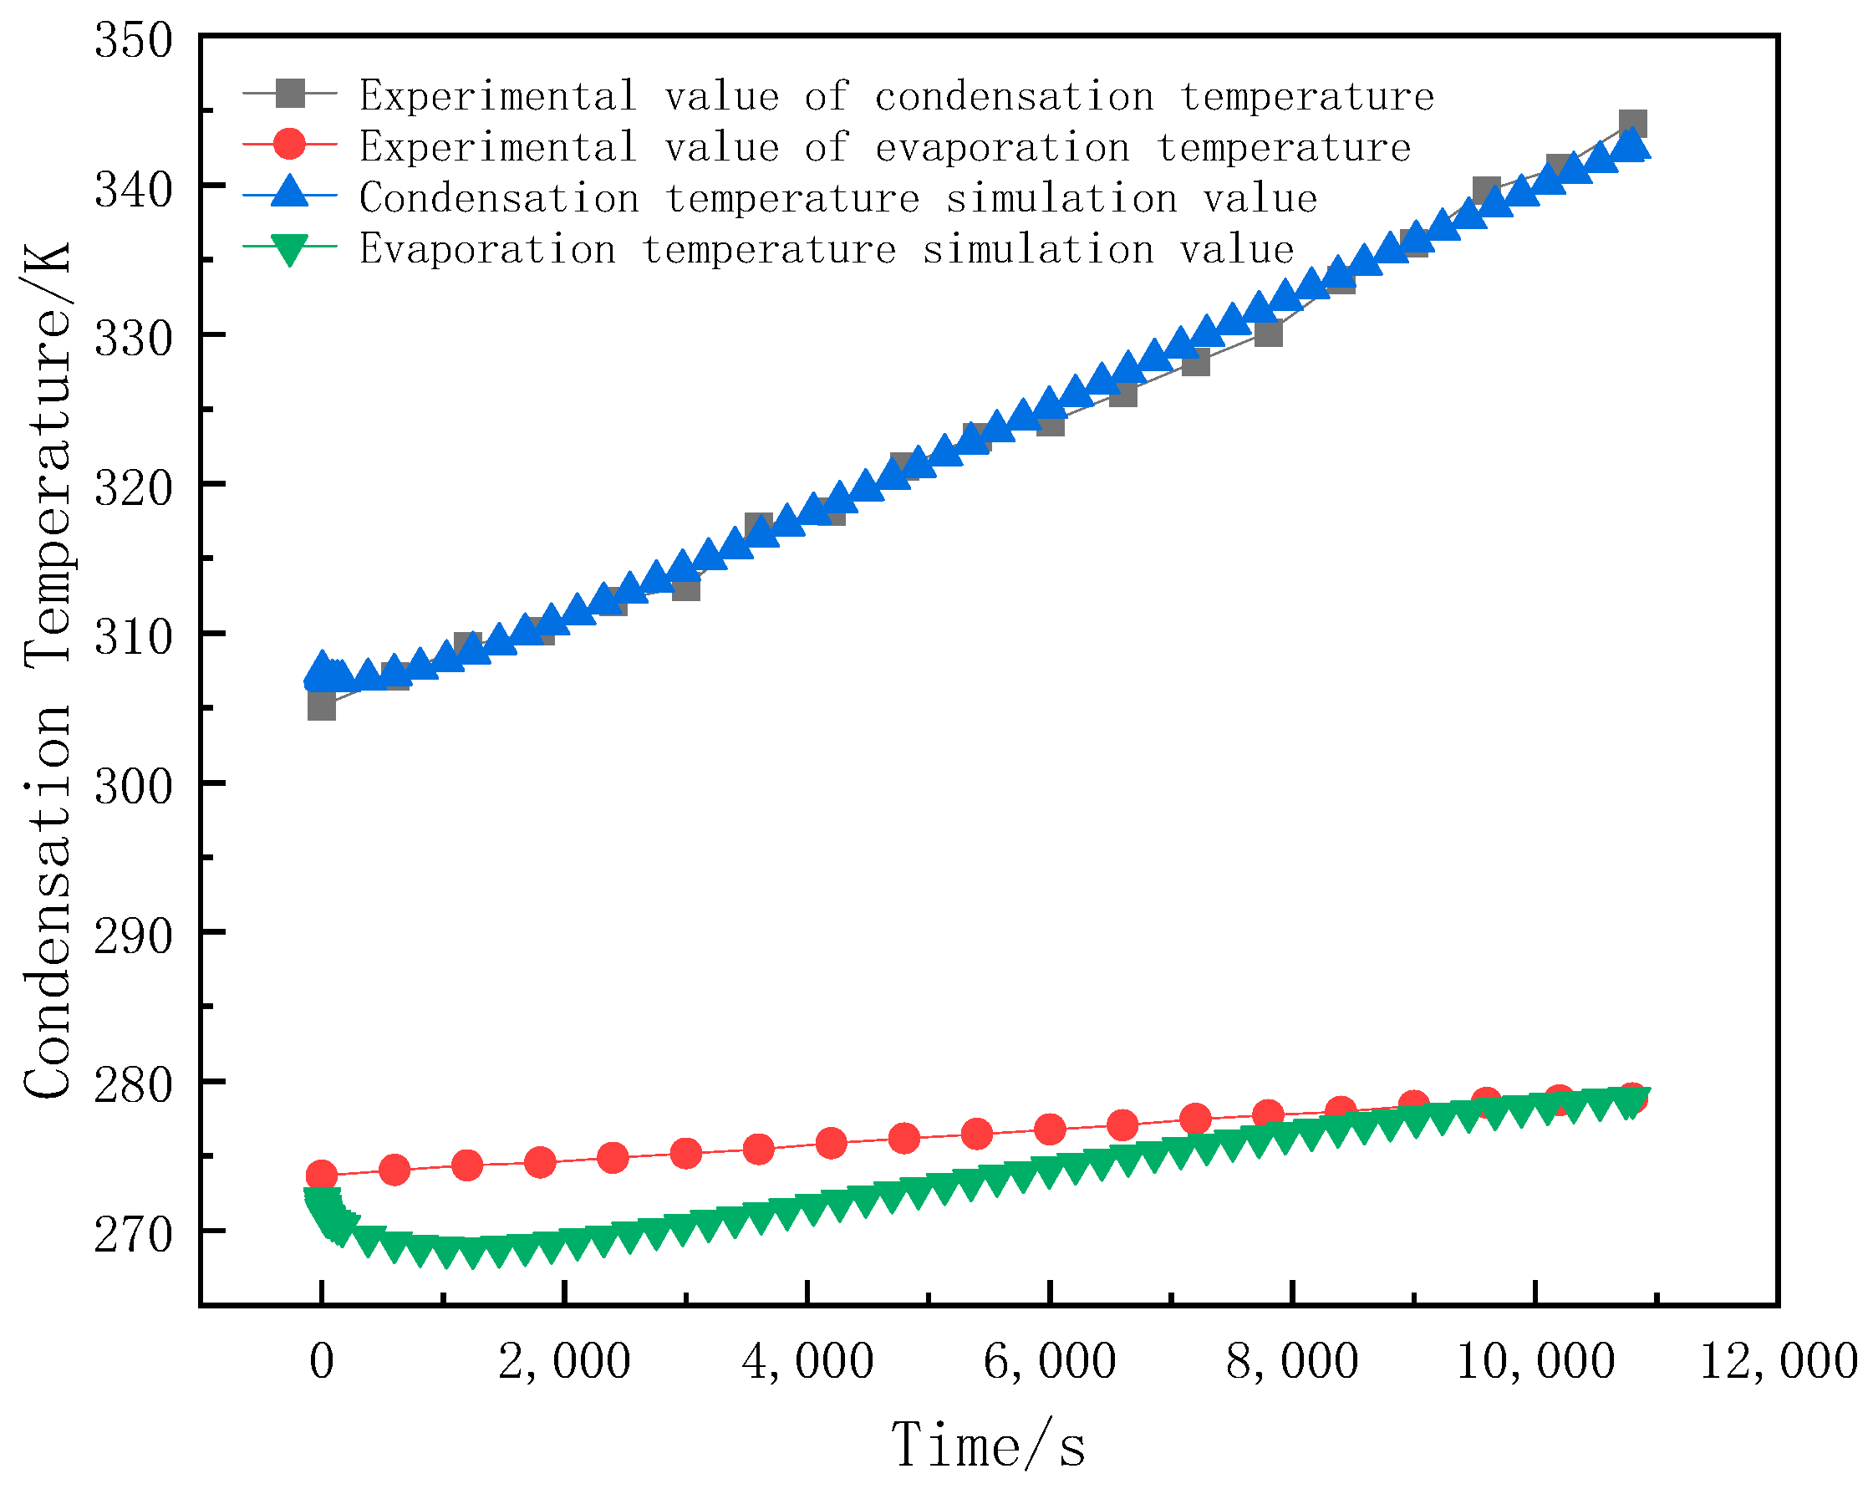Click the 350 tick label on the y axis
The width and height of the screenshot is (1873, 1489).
(x=134, y=41)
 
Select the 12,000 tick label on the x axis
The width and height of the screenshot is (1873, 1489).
(x=1778, y=1362)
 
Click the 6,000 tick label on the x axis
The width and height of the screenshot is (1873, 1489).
(x=1050, y=1362)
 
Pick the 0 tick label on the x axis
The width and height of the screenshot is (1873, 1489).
(x=322, y=1362)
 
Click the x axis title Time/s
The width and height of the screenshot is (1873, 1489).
(x=988, y=1446)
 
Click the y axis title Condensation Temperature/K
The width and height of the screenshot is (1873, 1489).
(x=48, y=671)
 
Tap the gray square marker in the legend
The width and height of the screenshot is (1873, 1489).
(x=290, y=93)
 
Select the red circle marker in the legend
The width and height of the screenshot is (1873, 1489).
(x=290, y=145)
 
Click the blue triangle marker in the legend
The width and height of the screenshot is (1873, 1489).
(x=290, y=195)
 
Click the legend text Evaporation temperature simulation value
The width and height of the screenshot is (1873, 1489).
(x=826, y=249)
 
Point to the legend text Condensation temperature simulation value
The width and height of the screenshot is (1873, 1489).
(x=838, y=198)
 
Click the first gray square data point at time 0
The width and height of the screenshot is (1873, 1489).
(x=322, y=706)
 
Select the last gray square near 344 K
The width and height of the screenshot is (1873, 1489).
(x=1632, y=125)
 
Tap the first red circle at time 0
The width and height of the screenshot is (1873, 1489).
(x=322, y=1176)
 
